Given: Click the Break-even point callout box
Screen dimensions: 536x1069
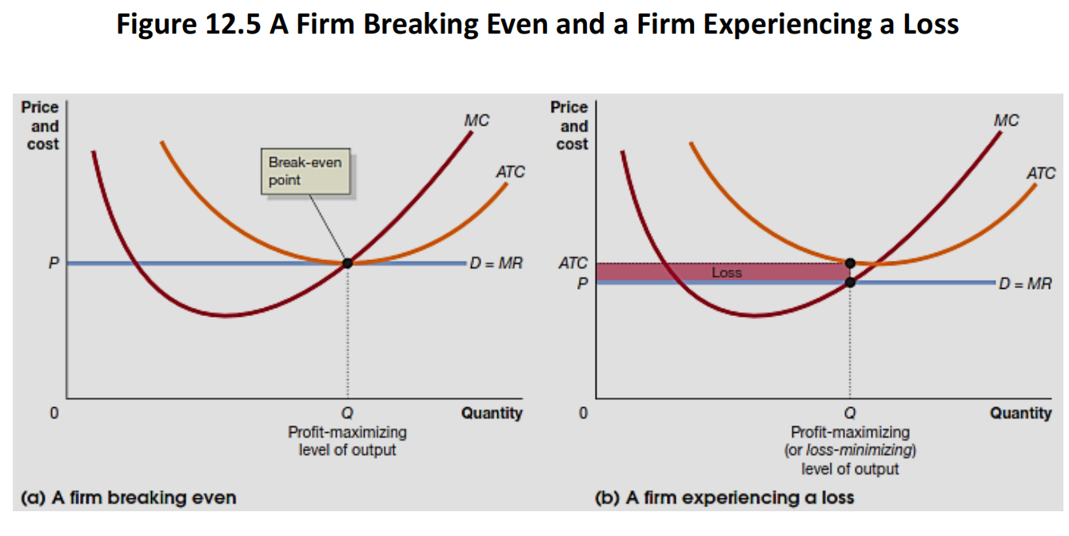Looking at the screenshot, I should [306, 171].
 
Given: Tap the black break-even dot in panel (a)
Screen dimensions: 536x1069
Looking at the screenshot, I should [347, 263].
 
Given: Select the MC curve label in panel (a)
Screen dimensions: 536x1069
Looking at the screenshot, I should [477, 121].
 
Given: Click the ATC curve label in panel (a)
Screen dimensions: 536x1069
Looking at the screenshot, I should [509, 172].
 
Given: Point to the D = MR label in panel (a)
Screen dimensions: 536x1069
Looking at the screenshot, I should [497, 263].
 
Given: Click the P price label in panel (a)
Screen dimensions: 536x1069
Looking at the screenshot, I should [54, 263].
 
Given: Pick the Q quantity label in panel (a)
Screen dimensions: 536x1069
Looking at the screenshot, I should [347, 414].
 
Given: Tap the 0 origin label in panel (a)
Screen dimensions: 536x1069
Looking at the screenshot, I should [54, 414].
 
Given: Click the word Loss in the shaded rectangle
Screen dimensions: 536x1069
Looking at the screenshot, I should [727, 273].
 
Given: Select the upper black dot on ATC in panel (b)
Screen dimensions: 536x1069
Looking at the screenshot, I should [850, 262].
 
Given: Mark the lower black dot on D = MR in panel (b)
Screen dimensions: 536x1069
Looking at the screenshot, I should [850, 282].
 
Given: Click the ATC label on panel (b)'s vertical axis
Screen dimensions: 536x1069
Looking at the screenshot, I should [572, 262].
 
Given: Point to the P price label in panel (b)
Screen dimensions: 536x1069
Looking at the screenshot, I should [583, 283].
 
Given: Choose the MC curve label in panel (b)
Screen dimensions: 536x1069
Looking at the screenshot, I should [1007, 121].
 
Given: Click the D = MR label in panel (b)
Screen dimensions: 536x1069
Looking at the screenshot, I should [1026, 283].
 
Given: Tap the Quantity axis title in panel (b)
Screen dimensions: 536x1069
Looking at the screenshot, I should [1020, 414].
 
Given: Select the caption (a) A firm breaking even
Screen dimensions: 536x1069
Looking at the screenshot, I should [128, 498].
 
